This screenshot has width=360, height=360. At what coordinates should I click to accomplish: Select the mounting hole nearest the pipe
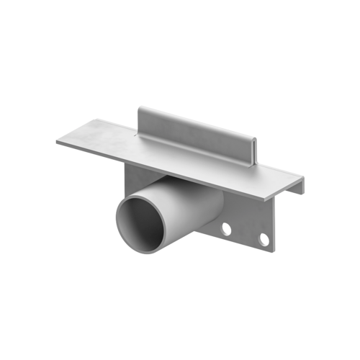point(226,229)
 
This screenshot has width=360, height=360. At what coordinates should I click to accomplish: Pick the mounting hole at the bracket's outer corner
point(264,238)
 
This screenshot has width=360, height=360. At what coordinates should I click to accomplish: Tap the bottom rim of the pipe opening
point(148,253)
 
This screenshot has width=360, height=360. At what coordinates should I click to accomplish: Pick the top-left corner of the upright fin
point(139,108)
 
